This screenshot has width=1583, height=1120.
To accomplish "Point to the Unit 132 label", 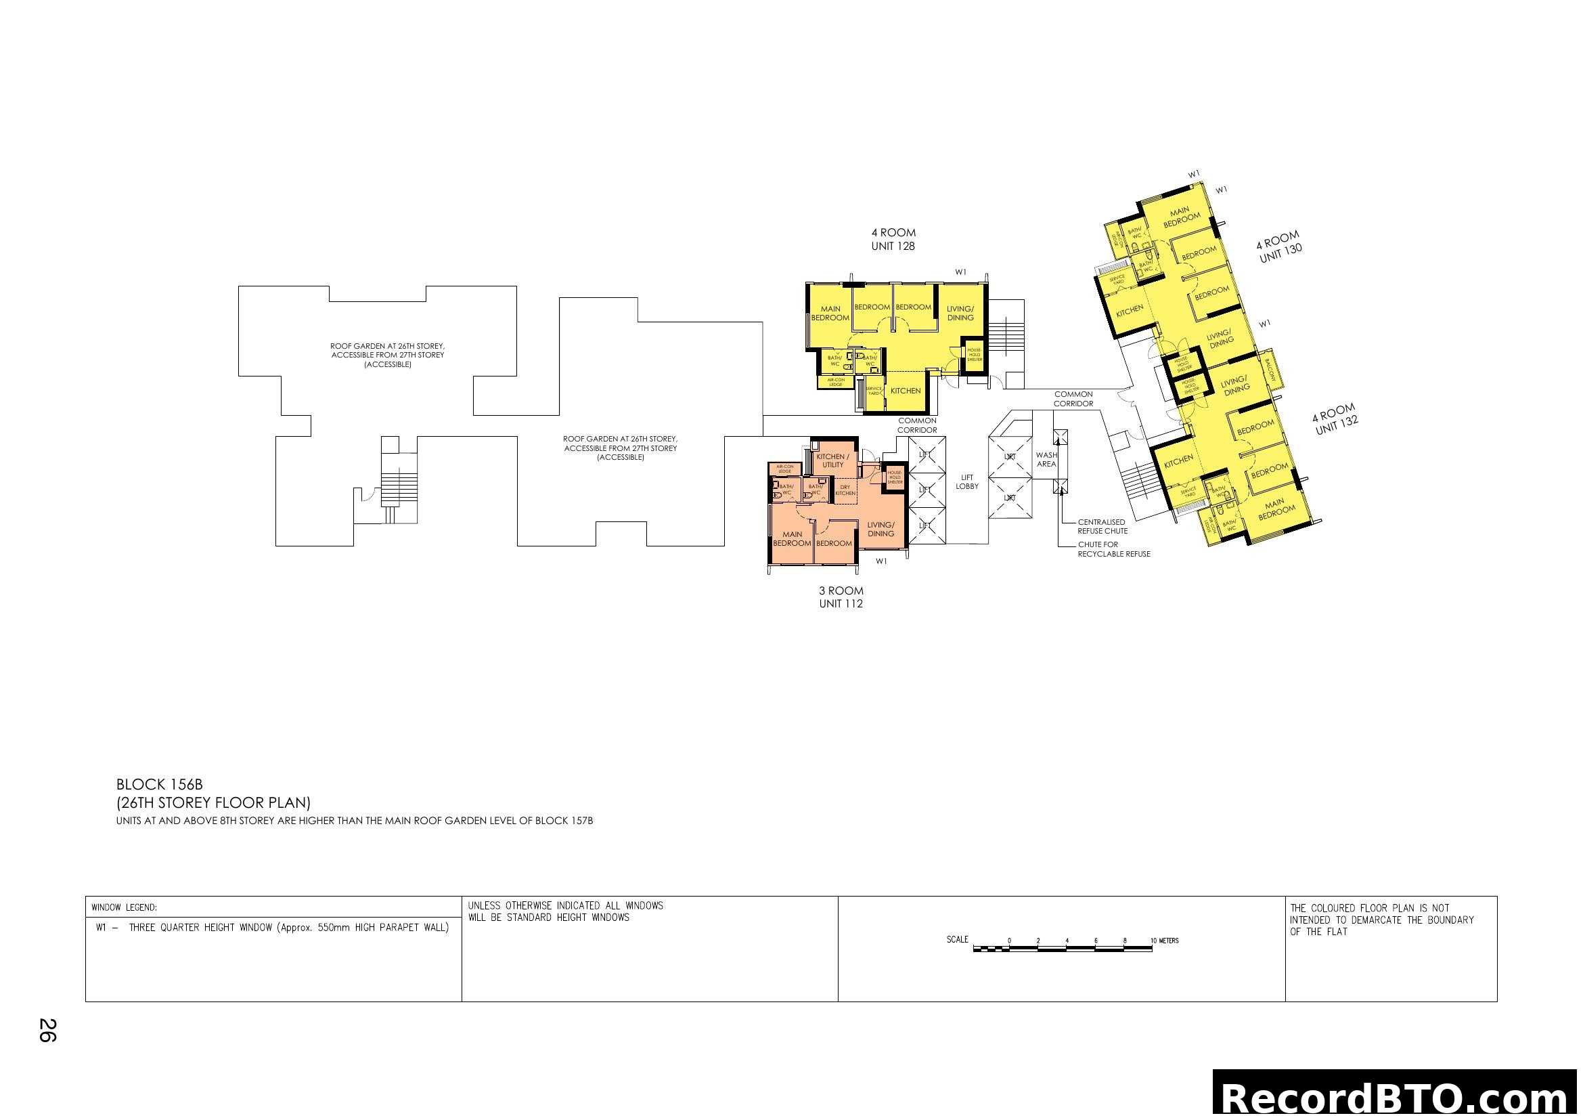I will point(1335,419).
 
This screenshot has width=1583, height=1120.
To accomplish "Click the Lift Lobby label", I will point(966,482).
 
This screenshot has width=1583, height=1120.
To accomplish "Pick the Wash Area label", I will point(1046,459).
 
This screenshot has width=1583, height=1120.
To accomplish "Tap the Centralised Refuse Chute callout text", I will point(1102,527).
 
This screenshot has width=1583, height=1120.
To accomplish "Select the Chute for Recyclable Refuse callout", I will point(1113,550).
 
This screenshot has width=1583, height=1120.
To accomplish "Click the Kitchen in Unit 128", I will point(906,391).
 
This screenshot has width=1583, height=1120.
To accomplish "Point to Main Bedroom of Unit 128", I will point(830,314).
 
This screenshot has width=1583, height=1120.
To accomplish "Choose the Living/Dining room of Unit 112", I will point(880,530).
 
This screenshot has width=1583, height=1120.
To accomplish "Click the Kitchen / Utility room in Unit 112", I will point(833,460).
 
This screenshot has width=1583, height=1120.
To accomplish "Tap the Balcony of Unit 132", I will point(1272,371).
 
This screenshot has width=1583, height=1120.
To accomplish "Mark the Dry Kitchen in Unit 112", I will point(845,490).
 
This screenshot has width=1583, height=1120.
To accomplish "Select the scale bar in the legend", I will point(1063,949).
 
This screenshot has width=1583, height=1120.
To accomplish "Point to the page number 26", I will point(47,1031).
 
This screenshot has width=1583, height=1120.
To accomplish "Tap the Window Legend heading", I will point(124,907).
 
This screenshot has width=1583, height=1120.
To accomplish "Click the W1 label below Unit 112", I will point(881,561).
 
